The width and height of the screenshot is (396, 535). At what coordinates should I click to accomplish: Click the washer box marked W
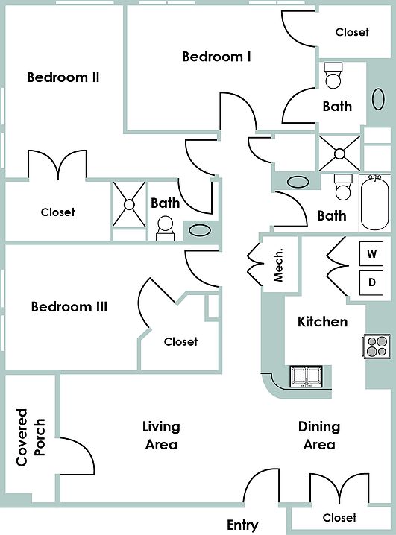pos(371,253)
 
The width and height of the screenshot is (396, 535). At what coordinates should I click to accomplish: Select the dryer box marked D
pos(371,283)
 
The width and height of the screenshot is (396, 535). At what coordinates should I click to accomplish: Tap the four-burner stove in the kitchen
pos(377,346)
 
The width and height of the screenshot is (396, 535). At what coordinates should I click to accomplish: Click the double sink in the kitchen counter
pos(306,377)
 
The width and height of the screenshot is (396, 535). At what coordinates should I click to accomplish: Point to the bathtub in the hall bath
pos(375,203)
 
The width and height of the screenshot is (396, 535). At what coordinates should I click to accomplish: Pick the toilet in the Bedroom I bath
pos(333,75)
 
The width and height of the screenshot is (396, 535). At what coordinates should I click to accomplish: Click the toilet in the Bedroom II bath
pos(166,228)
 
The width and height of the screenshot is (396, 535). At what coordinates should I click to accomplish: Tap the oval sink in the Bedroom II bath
pos(200,230)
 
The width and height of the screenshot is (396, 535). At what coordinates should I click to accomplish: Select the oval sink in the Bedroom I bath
pos(378,99)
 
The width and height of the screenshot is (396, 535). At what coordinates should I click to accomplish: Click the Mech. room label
pos(279,265)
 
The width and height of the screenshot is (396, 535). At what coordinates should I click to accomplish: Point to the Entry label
pos(242,525)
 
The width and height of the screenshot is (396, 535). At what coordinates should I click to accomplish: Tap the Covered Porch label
pos(31,437)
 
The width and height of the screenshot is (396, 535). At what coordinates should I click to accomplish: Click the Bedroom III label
pos(69,306)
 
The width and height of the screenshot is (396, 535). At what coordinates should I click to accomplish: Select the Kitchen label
pos(323,322)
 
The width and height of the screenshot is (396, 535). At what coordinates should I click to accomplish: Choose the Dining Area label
pos(319,435)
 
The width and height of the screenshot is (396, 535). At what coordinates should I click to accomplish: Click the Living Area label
pos(161,435)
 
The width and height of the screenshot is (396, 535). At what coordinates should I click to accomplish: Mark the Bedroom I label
pos(216,57)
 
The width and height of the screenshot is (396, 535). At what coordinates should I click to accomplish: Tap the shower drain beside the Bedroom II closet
pos(129,205)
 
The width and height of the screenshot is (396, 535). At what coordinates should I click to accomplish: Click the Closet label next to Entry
pos(339,518)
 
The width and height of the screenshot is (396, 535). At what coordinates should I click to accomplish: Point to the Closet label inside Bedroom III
pos(180,341)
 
